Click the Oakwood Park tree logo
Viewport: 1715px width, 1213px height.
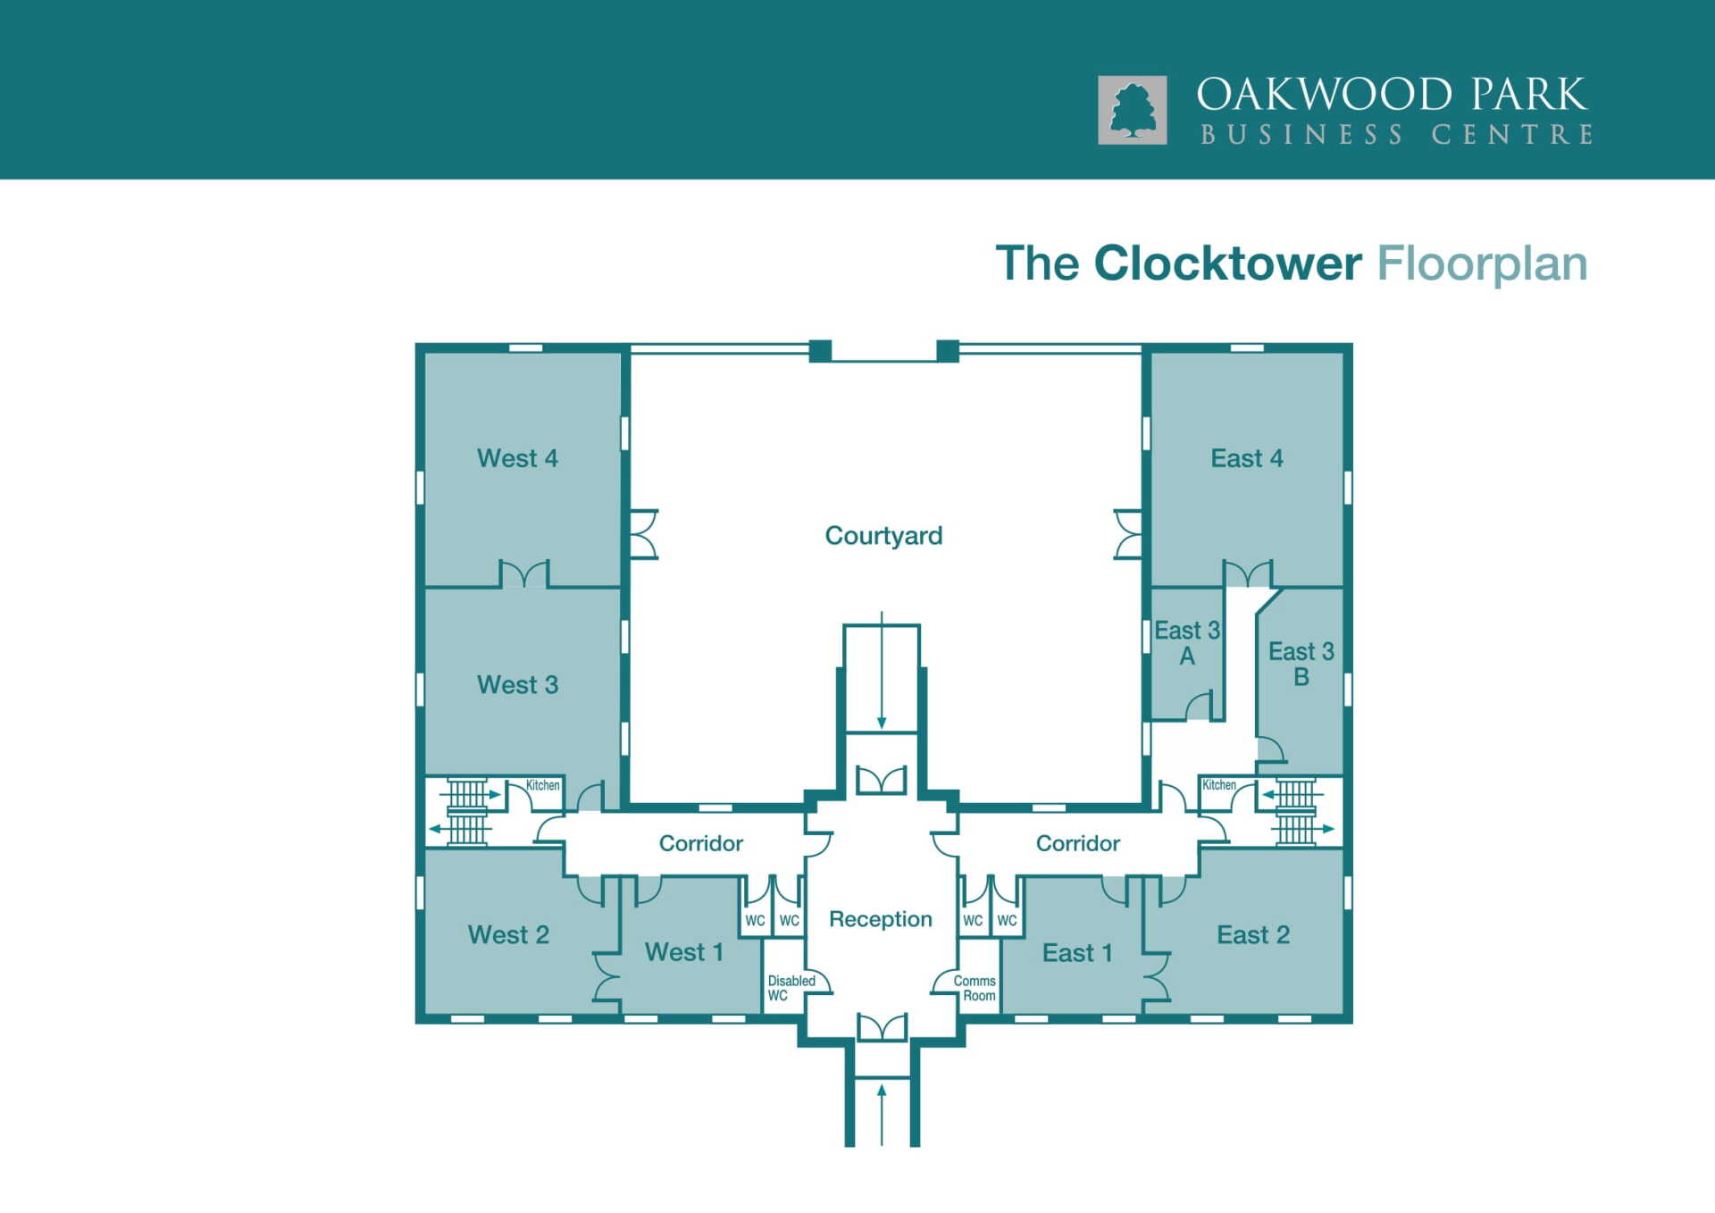click(x=1132, y=110)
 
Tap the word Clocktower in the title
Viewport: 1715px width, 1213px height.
click(x=1227, y=264)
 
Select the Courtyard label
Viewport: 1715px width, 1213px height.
click(x=883, y=535)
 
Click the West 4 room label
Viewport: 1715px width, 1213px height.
click(x=517, y=458)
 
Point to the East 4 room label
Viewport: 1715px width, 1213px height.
click(x=1247, y=458)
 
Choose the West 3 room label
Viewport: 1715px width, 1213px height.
click(x=517, y=684)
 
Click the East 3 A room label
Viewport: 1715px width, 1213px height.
click(x=1187, y=643)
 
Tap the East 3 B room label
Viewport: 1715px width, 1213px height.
click(x=1301, y=664)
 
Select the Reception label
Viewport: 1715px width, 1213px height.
click(x=881, y=919)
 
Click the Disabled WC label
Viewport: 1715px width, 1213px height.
click(x=791, y=988)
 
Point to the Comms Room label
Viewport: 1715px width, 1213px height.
click(x=975, y=988)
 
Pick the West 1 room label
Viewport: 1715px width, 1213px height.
click(x=684, y=952)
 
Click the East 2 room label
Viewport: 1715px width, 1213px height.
click(x=1253, y=934)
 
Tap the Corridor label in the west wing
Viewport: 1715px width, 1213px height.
click(x=701, y=843)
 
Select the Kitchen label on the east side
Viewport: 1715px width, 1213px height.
click(x=1219, y=785)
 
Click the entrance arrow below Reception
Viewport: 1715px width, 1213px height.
click(x=882, y=1114)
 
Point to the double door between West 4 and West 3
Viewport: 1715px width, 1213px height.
click(x=523, y=573)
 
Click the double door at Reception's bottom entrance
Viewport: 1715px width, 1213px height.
click(x=882, y=1027)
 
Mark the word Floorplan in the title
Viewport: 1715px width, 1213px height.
click(x=1482, y=264)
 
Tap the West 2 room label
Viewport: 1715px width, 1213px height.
click(x=508, y=934)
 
